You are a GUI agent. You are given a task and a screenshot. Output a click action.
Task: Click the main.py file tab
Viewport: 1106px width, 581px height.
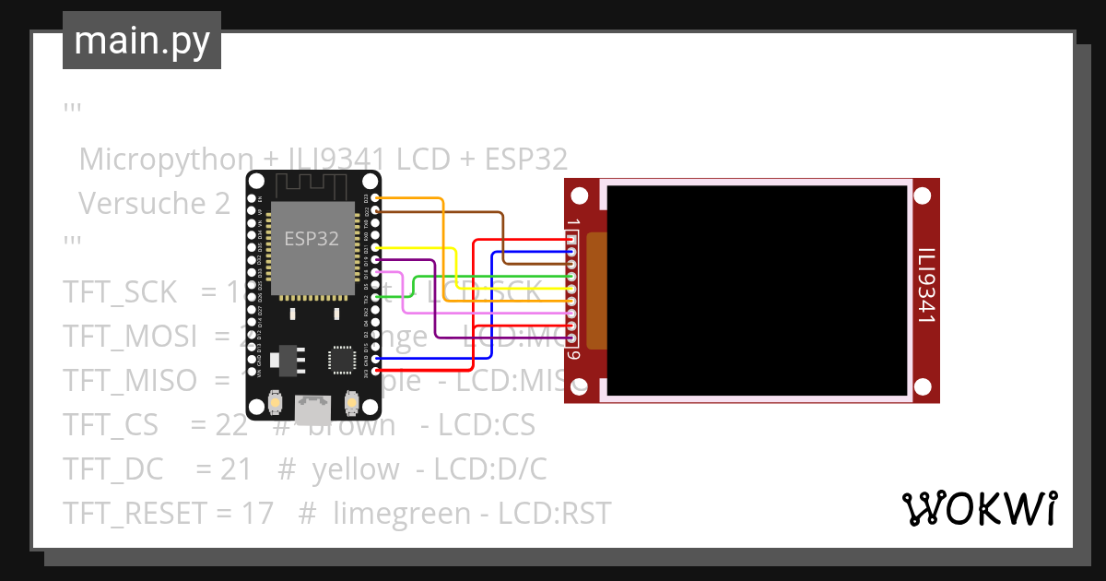click(x=141, y=41)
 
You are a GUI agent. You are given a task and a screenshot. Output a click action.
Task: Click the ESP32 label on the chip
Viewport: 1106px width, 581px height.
click(x=311, y=239)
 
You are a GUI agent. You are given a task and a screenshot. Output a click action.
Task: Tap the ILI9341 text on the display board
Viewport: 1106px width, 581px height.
click(x=926, y=285)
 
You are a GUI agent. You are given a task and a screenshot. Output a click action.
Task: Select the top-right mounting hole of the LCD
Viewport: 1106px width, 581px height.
click(x=923, y=196)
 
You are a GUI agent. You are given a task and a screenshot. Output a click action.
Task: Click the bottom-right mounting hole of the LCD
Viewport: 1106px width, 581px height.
click(x=923, y=386)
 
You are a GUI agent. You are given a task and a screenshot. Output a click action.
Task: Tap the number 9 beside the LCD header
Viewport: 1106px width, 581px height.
click(x=573, y=355)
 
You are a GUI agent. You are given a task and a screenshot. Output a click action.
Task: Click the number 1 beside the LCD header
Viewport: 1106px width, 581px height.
click(x=573, y=224)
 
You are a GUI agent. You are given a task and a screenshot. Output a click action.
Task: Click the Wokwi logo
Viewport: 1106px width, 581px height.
click(x=979, y=508)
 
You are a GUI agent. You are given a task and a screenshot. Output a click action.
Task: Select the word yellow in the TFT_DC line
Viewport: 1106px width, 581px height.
click(x=356, y=469)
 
